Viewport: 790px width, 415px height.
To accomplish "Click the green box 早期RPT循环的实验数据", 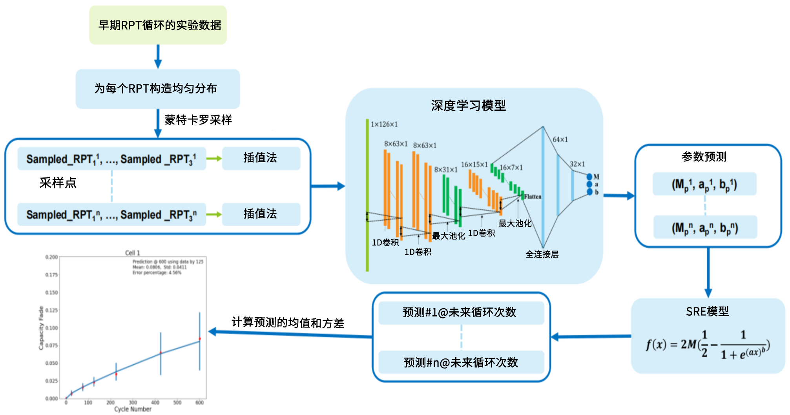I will [158, 25].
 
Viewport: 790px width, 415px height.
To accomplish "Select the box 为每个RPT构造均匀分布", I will [157, 89].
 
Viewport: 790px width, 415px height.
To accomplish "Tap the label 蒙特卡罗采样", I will [198, 120].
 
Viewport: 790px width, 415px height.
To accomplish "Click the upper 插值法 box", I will [261, 158].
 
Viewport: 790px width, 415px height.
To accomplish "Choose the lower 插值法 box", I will [261, 214].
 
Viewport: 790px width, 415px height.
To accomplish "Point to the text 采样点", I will [58, 183].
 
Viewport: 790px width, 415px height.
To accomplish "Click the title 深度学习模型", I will [468, 106].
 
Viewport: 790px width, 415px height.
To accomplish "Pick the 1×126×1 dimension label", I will [384, 124].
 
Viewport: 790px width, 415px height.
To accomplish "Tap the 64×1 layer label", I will [560, 139].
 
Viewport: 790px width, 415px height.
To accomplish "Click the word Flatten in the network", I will [533, 197].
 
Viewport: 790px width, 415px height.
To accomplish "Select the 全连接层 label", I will [542, 254].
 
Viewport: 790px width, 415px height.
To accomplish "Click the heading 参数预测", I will [704, 157].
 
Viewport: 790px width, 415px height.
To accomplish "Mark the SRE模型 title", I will [707, 311].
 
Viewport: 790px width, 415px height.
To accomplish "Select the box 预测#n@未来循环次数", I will [461, 362].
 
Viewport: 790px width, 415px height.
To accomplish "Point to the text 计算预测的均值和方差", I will [288, 323].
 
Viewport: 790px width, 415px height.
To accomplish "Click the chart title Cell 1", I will [132, 253].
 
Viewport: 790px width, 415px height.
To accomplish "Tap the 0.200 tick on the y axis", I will [51, 257].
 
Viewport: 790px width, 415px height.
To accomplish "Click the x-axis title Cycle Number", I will [133, 409].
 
